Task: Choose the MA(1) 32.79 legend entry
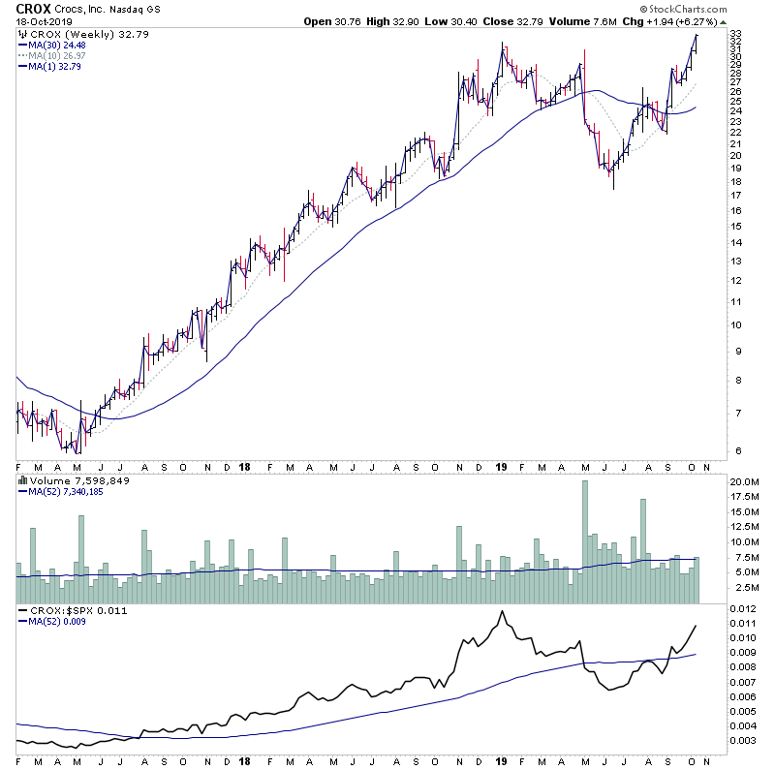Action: point(51,66)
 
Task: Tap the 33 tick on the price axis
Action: point(736,34)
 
